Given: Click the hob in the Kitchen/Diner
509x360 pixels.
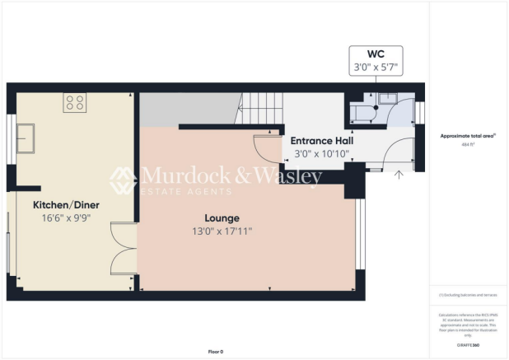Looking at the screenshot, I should click(x=75, y=103).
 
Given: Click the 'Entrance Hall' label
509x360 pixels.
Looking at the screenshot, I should click(x=320, y=142).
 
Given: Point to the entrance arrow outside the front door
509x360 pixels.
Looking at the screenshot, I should click(x=399, y=174).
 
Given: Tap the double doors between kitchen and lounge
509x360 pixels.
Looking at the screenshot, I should click(x=124, y=246).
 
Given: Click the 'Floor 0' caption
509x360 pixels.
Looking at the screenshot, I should click(x=216, y=352).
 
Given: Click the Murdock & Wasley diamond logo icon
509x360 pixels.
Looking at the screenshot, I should click(x=124, y=180).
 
